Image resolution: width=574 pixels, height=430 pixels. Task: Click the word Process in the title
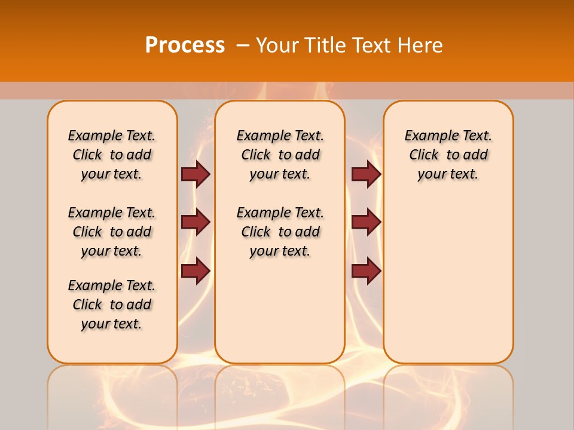pos(185,45)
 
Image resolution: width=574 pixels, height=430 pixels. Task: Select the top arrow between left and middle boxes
pos(196,174)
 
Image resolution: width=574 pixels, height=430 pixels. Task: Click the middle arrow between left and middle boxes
pos(196,222)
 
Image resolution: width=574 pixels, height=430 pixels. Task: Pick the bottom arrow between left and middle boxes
pos(196,271)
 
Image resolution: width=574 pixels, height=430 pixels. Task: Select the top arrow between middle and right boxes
pos(366,174)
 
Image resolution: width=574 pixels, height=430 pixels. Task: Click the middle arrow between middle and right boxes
pos(366,222)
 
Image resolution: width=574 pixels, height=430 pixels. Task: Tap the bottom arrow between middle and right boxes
pos(366,271)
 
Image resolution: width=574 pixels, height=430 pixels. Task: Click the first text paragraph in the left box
pos(112,155)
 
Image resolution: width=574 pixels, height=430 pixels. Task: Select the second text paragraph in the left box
pos(112,232)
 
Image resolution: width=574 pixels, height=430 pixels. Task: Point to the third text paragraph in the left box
pos(112,305)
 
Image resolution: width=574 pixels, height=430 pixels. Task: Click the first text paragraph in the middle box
pos(280,155)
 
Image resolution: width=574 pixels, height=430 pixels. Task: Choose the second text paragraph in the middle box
pos(280,232)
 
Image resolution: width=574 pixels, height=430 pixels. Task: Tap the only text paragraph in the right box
pos(448,155)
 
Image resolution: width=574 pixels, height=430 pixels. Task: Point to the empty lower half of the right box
pos(448,287)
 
